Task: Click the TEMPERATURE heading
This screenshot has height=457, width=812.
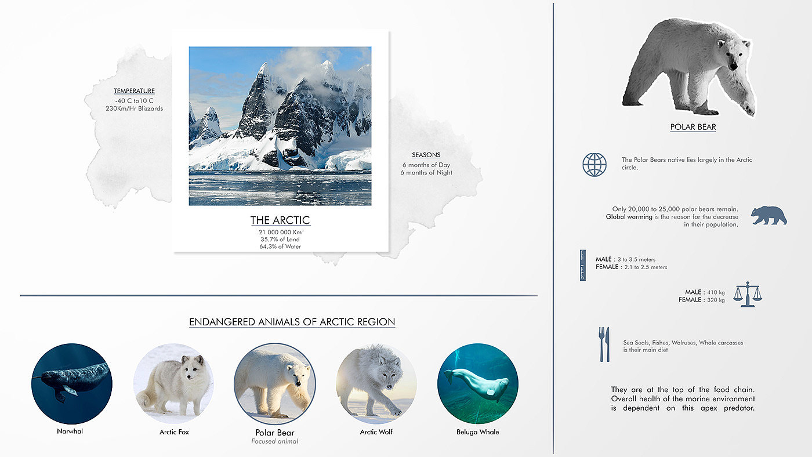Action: [x=134, y=91]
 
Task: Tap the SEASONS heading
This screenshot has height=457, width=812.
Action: [x=426, y=155]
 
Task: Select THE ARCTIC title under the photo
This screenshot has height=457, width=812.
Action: [x=280, y=220]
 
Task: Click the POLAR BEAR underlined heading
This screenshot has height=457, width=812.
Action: [x=693, y=127]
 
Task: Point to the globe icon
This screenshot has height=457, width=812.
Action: [x=594, y=165]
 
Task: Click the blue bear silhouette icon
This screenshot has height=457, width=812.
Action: [x=768, y=215]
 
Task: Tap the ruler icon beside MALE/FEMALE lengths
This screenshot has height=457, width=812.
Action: [x=582, y=265]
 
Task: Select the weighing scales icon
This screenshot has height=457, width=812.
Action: [x=748, y=294]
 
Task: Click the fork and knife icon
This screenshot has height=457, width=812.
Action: [x=604, y=344]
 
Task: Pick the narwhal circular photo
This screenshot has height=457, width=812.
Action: [x=72, y=384]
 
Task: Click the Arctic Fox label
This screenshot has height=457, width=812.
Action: [x=174, y=432]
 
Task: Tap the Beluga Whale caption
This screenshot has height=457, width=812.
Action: [x=478, y=432]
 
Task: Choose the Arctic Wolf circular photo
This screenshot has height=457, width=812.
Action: [x=376, y=384]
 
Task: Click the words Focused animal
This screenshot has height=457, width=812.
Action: [x=275, y=441]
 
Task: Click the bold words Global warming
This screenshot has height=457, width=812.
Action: [x=629, y=217]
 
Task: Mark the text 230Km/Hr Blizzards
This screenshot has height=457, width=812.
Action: [x=134, y=108]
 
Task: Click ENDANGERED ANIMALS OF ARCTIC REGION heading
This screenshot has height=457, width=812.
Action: [x=292, y=322]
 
